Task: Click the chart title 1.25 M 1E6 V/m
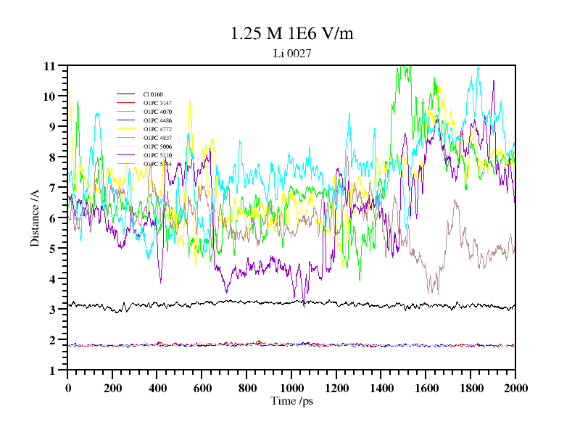(x=291, y=34)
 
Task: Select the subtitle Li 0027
(x=291, y=54)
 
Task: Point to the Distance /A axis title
(x=35, y=217)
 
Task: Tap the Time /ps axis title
(x=291, y=401)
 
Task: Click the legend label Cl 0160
(x=153, y=94)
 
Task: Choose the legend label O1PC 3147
(x=157, y=103)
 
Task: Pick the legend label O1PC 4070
(x=157, y=112)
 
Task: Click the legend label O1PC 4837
(x=157, y=138)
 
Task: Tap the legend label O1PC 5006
(x=157, y=146)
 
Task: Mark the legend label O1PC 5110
(x=157, y=155)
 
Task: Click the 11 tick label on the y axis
(x=49, y=66)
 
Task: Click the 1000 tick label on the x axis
(x=291, y=388)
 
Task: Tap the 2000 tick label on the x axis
(x=515, y=388)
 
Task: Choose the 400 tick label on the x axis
(x=157, y=388)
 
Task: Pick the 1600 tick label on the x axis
(x=426, y=388)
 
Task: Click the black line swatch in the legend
(x=126, y=94)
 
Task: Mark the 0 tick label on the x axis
(x=68, y=388)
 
